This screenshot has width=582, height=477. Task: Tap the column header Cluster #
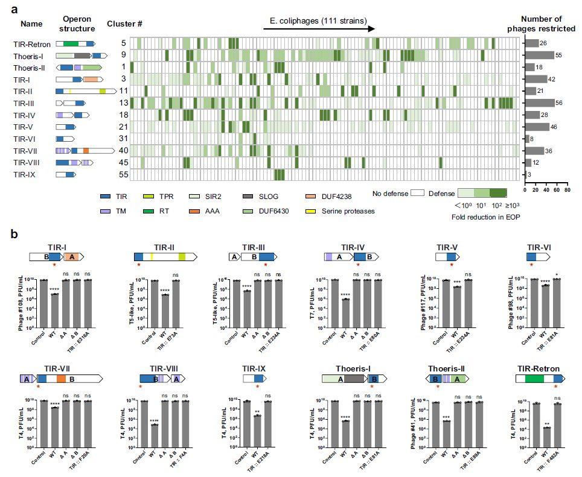point(124,24)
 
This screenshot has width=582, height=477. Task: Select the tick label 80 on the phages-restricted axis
point(566,189)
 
